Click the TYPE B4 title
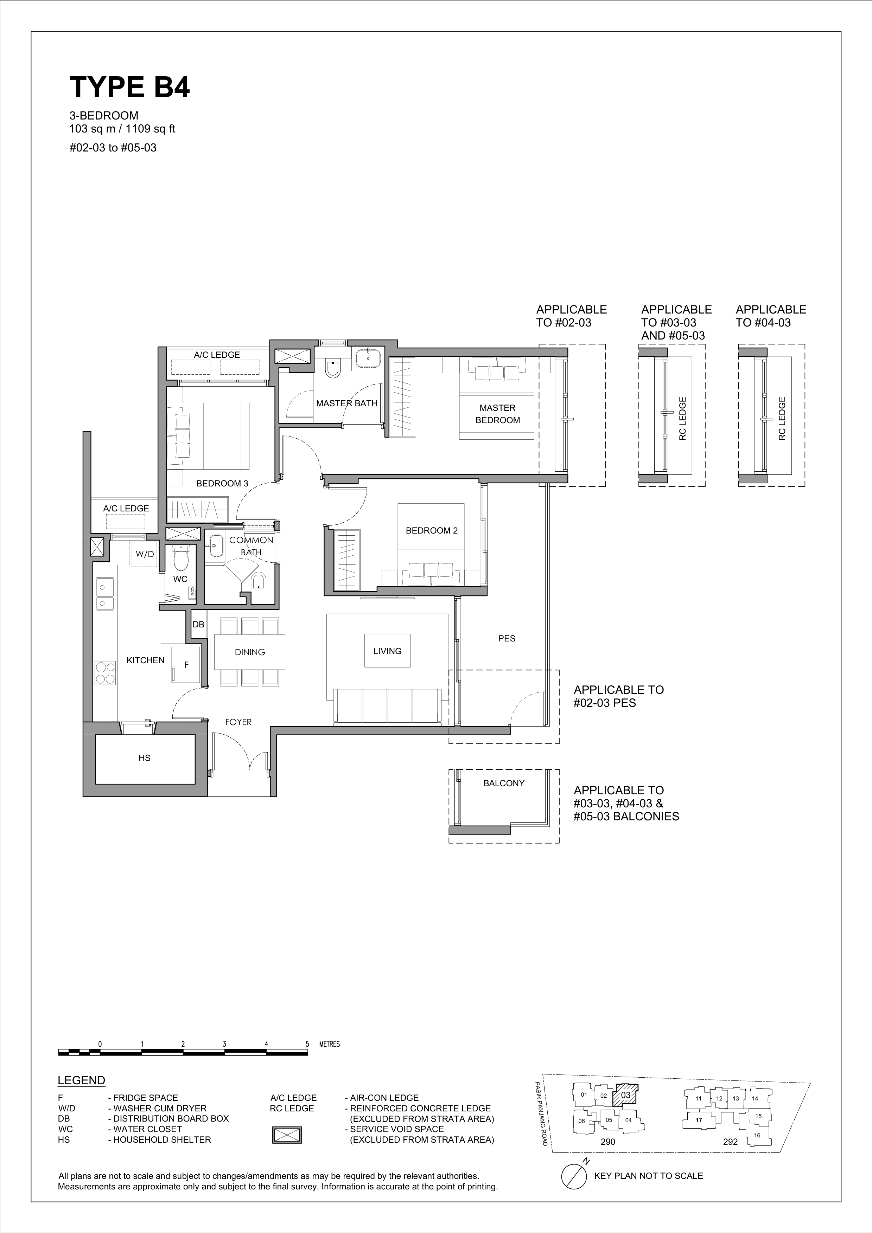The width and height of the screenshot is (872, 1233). tap(129, 87)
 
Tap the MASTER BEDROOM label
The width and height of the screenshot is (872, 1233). tap(497, 414)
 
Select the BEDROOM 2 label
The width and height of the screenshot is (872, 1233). tap(432, 531)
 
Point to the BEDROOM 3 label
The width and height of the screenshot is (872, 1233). tap(222, 483)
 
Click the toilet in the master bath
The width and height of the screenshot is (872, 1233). tap(333, 368)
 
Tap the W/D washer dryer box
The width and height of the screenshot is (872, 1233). tap(145, 554)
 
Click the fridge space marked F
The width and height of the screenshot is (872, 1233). tap(186, 665)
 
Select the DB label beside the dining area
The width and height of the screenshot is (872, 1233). tap(198, 625)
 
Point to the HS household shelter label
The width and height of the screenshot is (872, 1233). tap(145, 758)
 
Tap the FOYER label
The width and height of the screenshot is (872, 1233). tap(238, 722)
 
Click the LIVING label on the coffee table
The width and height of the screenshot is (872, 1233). tap(387, 651)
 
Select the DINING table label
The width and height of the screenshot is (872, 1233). tap(250, 652)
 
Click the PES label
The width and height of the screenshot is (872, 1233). tap(507, 639)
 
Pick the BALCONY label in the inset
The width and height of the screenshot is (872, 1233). tap(504, 783)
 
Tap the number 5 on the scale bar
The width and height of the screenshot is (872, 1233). tap(307, 1044)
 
